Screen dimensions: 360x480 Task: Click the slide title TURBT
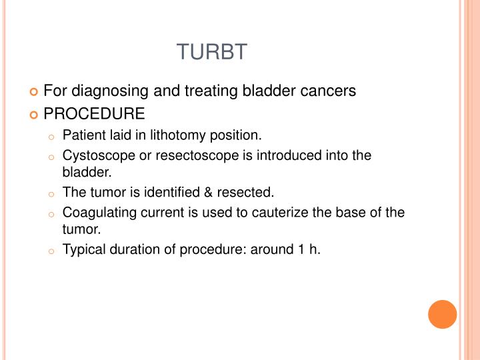pos(211,52)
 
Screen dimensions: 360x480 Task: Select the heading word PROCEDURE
pos(93,113)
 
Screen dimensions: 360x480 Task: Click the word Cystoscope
pos(94,155)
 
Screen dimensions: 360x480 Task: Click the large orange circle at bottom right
pos(442,314)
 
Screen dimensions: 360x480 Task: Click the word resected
pos(249,193)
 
